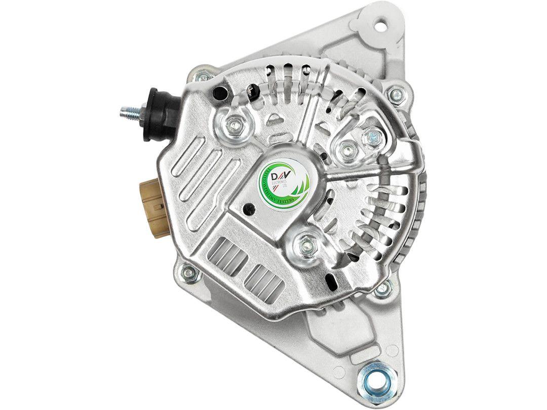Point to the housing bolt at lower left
pos(190,273)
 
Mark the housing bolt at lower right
pos(383,288)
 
